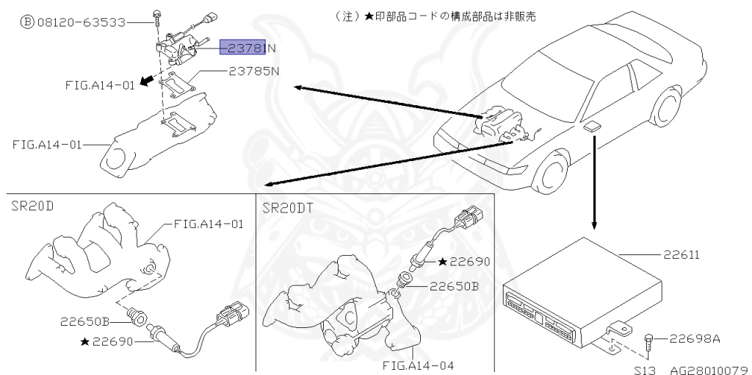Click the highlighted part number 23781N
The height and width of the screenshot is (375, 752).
click(249, 49)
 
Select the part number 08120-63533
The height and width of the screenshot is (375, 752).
click(80, 22)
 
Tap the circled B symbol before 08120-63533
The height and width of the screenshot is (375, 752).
click(26, 22)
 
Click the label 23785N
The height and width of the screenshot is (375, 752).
click(253, 71)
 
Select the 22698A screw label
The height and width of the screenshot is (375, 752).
click(694, 339)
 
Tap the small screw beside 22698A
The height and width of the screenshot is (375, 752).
click(649, 340)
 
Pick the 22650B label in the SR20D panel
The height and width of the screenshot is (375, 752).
click(85, 321)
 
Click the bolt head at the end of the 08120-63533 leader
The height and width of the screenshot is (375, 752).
click(156, 14)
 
